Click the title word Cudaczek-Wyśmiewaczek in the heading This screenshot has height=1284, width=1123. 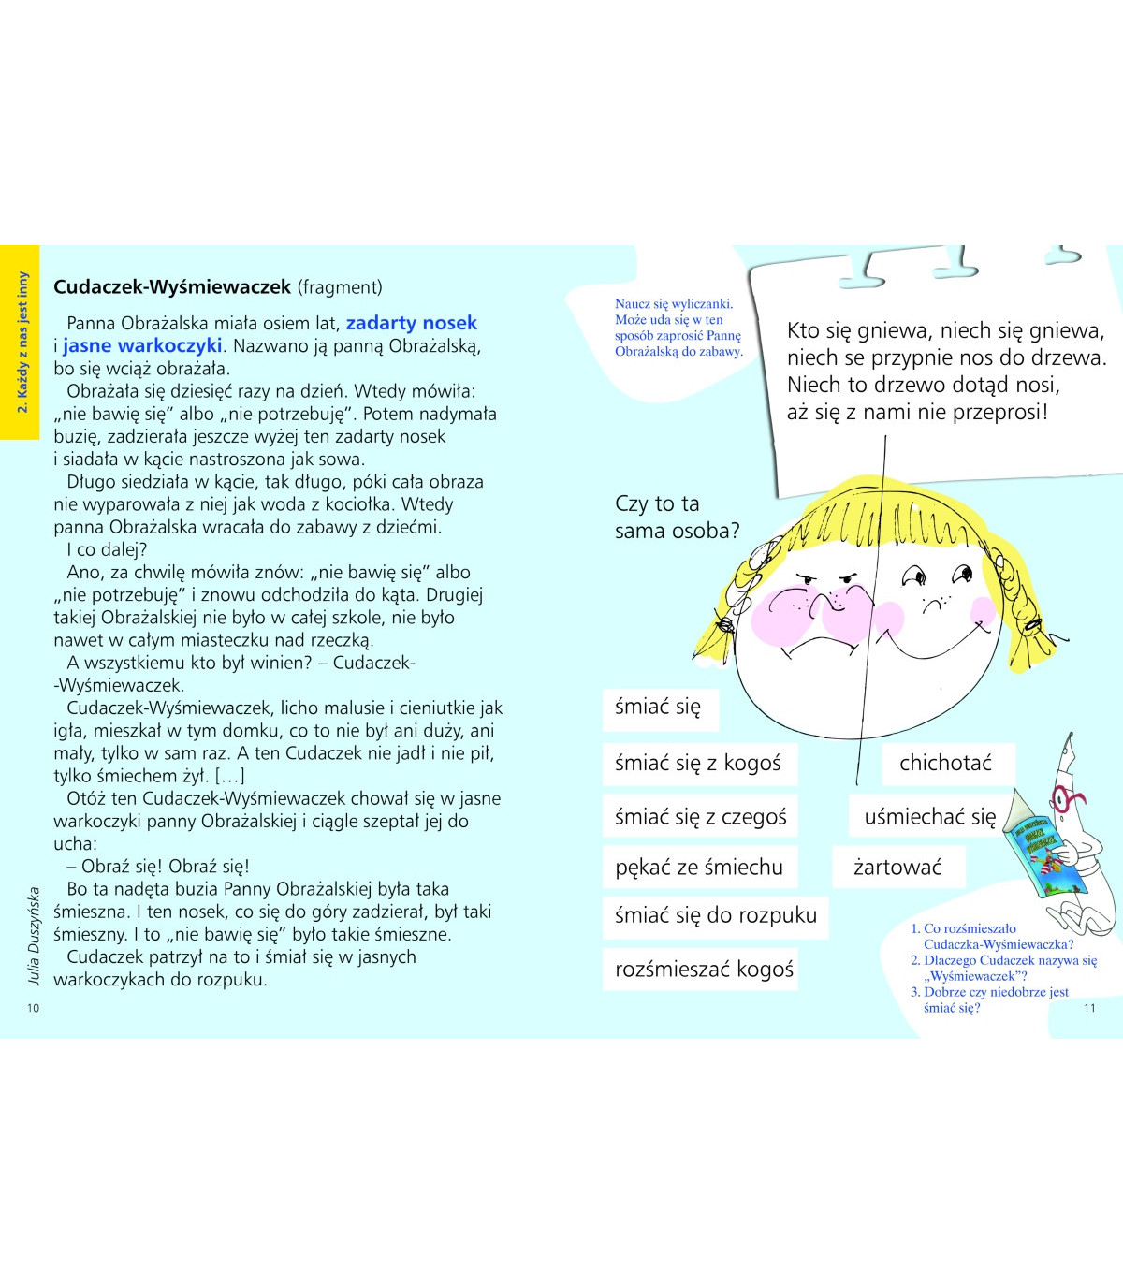172,287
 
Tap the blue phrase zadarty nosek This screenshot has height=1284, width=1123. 412,323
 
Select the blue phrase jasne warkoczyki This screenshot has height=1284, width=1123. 142,345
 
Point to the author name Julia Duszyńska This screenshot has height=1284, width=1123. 35,935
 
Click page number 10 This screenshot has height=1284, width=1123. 34,1008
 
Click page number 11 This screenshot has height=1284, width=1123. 1088,1008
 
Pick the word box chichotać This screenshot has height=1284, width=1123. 945,764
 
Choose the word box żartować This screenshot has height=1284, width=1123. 897,868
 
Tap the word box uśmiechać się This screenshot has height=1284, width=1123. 929,817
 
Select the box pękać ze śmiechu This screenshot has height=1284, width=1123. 699,868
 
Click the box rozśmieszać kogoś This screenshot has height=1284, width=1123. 704,970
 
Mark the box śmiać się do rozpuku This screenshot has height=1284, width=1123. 715,915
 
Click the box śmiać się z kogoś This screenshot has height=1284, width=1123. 697,764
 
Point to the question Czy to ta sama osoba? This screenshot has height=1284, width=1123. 676,518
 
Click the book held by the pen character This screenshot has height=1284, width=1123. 1045,854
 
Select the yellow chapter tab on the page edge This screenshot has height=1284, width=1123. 20,343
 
